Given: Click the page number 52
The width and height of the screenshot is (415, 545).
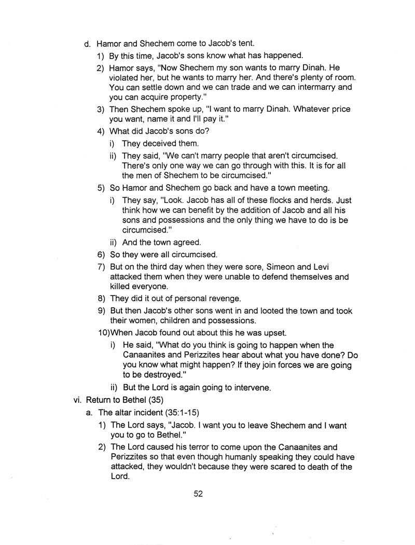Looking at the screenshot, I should pyautogui.click(x=198, y=494).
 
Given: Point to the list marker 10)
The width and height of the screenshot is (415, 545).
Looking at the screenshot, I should pyautogui.click(x=104, y=332).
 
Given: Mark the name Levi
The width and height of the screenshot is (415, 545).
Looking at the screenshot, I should pyautogui.click(x=330, y=267).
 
